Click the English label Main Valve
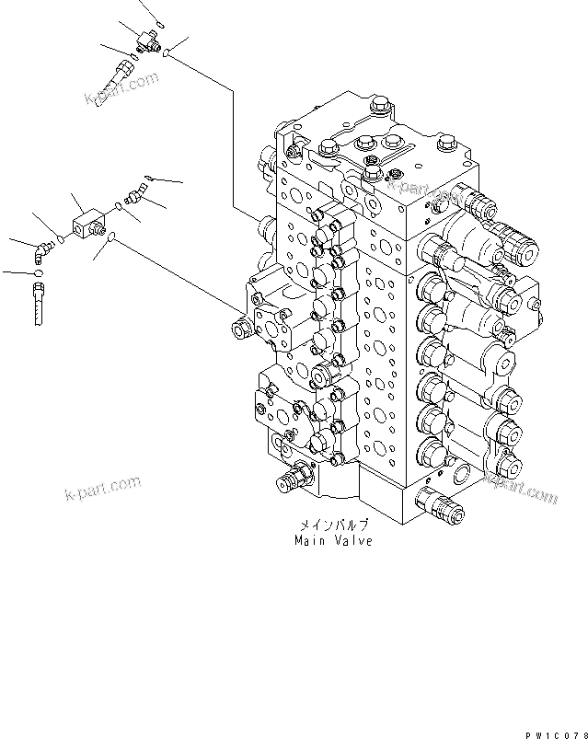click(333, 541)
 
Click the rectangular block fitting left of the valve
click(88, 220)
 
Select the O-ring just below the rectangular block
click(110, 239)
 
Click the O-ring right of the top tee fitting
click(167, 54)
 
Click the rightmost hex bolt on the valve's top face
click(446, 143)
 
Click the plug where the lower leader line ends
click(241, 329)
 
